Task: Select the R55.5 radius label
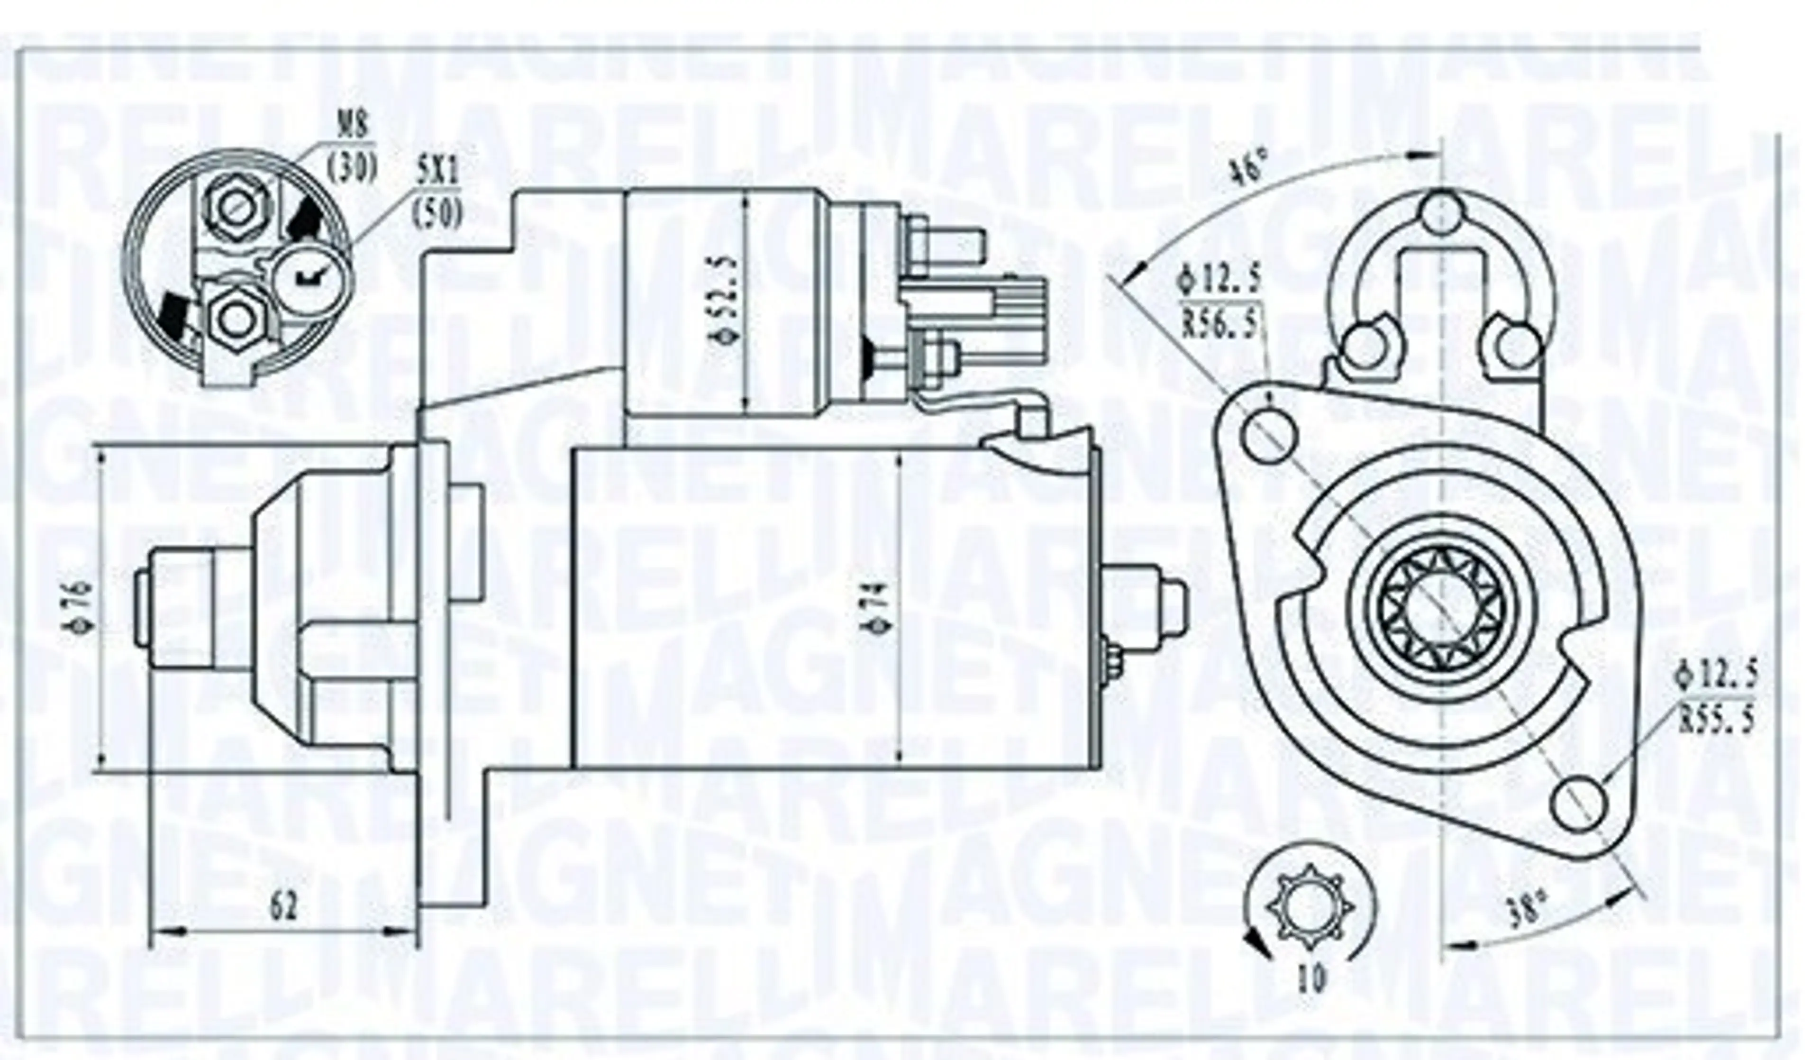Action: [x=1715, y=722]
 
